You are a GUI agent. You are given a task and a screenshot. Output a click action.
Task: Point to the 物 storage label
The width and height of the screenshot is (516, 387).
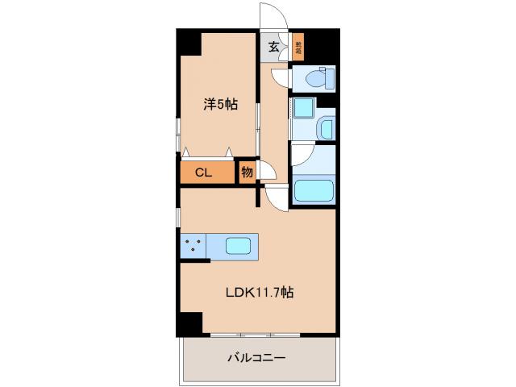[247, 173]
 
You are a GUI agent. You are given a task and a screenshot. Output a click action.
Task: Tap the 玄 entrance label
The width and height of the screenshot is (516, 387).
[274, 47]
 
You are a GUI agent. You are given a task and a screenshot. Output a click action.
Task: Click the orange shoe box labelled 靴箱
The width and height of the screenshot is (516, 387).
[298, 48]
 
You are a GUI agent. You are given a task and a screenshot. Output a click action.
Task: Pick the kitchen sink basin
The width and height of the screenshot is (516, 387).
[239, 246]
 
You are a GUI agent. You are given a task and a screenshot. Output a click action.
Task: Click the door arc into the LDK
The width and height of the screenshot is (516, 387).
[274, 198]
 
